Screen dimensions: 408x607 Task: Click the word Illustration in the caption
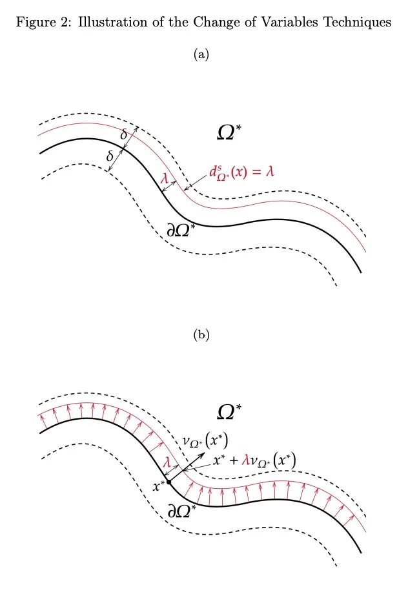103,23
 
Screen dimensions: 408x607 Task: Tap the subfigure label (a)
201,55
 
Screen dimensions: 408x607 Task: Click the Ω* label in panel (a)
230,132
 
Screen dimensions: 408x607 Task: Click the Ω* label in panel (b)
230,411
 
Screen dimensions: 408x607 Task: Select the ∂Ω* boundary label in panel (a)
181,229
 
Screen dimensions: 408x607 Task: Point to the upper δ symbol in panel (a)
124,134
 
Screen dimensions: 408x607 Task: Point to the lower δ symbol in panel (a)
110,156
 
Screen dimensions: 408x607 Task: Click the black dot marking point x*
168,482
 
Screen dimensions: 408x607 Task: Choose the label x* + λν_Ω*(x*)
254,462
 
